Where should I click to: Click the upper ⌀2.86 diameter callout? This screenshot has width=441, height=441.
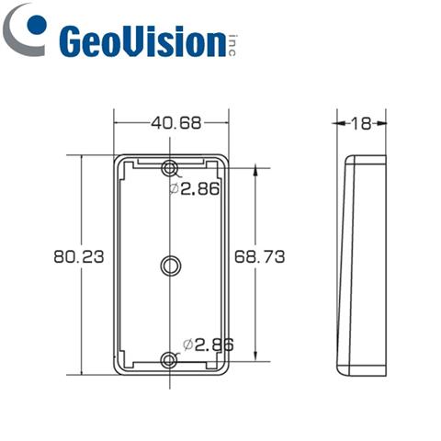pos(197,188)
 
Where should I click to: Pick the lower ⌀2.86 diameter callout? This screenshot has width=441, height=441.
pos(208,344)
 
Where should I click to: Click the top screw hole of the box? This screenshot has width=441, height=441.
pos(171,168)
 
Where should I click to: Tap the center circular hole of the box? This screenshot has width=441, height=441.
pos(171,266)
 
